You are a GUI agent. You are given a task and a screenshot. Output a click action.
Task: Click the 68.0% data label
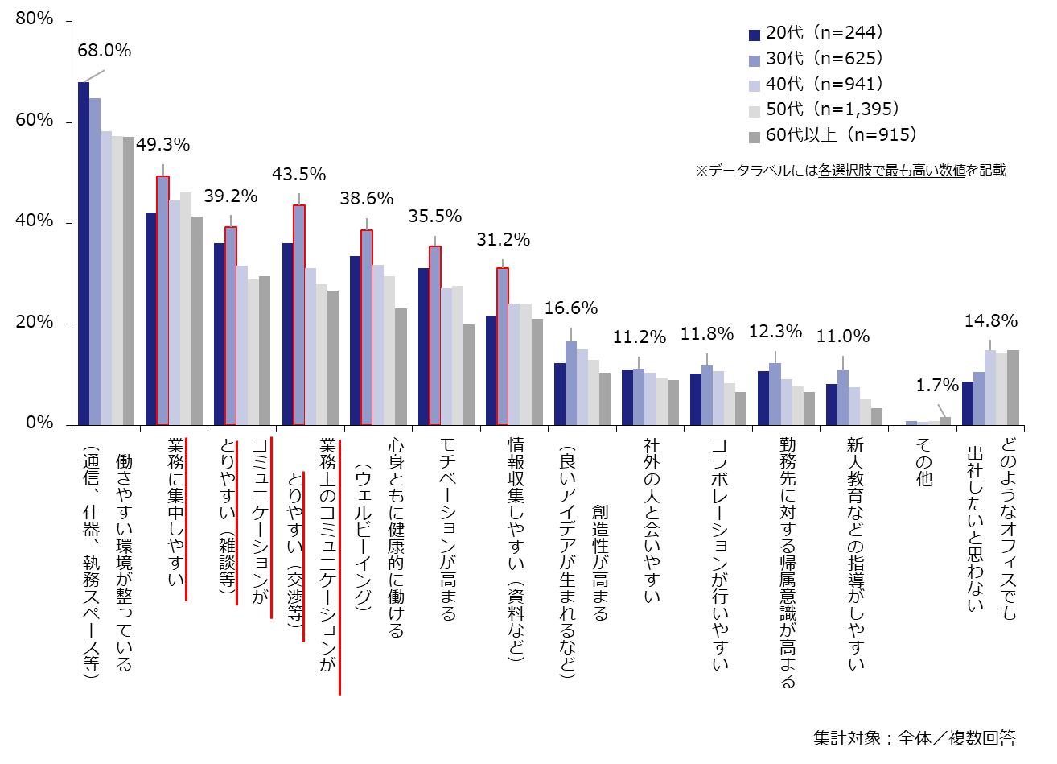pos(104,51)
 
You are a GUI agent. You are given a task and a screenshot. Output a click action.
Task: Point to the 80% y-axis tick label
pos(35,19)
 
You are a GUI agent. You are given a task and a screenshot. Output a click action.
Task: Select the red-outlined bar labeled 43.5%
pos(299,314)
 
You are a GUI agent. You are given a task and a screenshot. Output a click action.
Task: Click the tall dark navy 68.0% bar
pos(84,253)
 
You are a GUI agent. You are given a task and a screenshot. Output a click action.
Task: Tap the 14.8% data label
pos(990,321)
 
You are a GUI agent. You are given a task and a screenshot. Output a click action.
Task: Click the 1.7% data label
pos(938,386)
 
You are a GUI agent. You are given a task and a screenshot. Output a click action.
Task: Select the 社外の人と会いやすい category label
pos(652,520)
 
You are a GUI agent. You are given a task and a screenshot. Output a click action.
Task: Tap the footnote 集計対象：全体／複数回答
pos(914,737)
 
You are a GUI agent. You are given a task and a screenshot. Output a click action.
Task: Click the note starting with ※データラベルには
pos(850,171)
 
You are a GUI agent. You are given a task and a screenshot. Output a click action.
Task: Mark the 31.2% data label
pos(504,240)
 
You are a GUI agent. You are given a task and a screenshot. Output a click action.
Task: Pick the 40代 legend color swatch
pos(755,85)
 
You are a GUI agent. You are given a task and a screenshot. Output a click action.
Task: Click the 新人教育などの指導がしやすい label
pos(856,553)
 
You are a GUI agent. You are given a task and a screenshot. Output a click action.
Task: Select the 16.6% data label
pos(571,308)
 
